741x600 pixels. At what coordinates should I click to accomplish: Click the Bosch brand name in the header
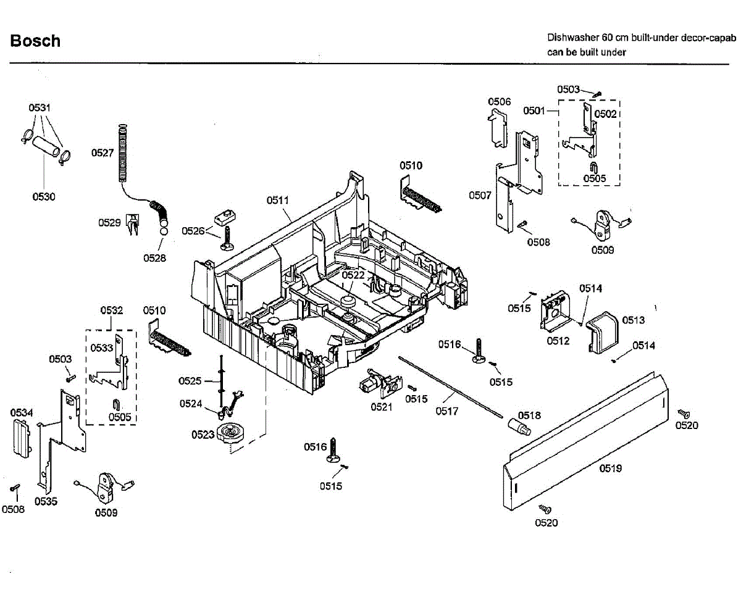tap(35, 41)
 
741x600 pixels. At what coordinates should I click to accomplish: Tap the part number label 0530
tap(44, 197)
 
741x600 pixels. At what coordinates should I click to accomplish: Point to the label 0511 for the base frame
tap(278, 200)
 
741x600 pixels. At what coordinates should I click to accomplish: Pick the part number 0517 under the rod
tap(446, 411)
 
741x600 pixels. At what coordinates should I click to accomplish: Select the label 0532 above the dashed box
tap(111, 310)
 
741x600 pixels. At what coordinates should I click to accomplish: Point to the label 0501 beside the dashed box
tap(534, 110)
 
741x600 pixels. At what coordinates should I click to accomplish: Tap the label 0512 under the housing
tap(558, 341)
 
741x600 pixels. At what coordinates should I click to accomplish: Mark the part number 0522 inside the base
tap(353, 275)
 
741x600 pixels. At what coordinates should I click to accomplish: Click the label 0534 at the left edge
tap(22, 412)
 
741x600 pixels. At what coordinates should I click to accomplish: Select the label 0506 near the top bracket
tap(499, 102)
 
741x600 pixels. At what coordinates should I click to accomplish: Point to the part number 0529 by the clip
tap(109, 223)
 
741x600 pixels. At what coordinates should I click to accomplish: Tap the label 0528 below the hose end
tap(154, 258)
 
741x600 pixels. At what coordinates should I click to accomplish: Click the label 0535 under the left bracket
tap(46, 501)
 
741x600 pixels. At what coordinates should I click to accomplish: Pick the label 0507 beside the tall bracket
tap(480, 196)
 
